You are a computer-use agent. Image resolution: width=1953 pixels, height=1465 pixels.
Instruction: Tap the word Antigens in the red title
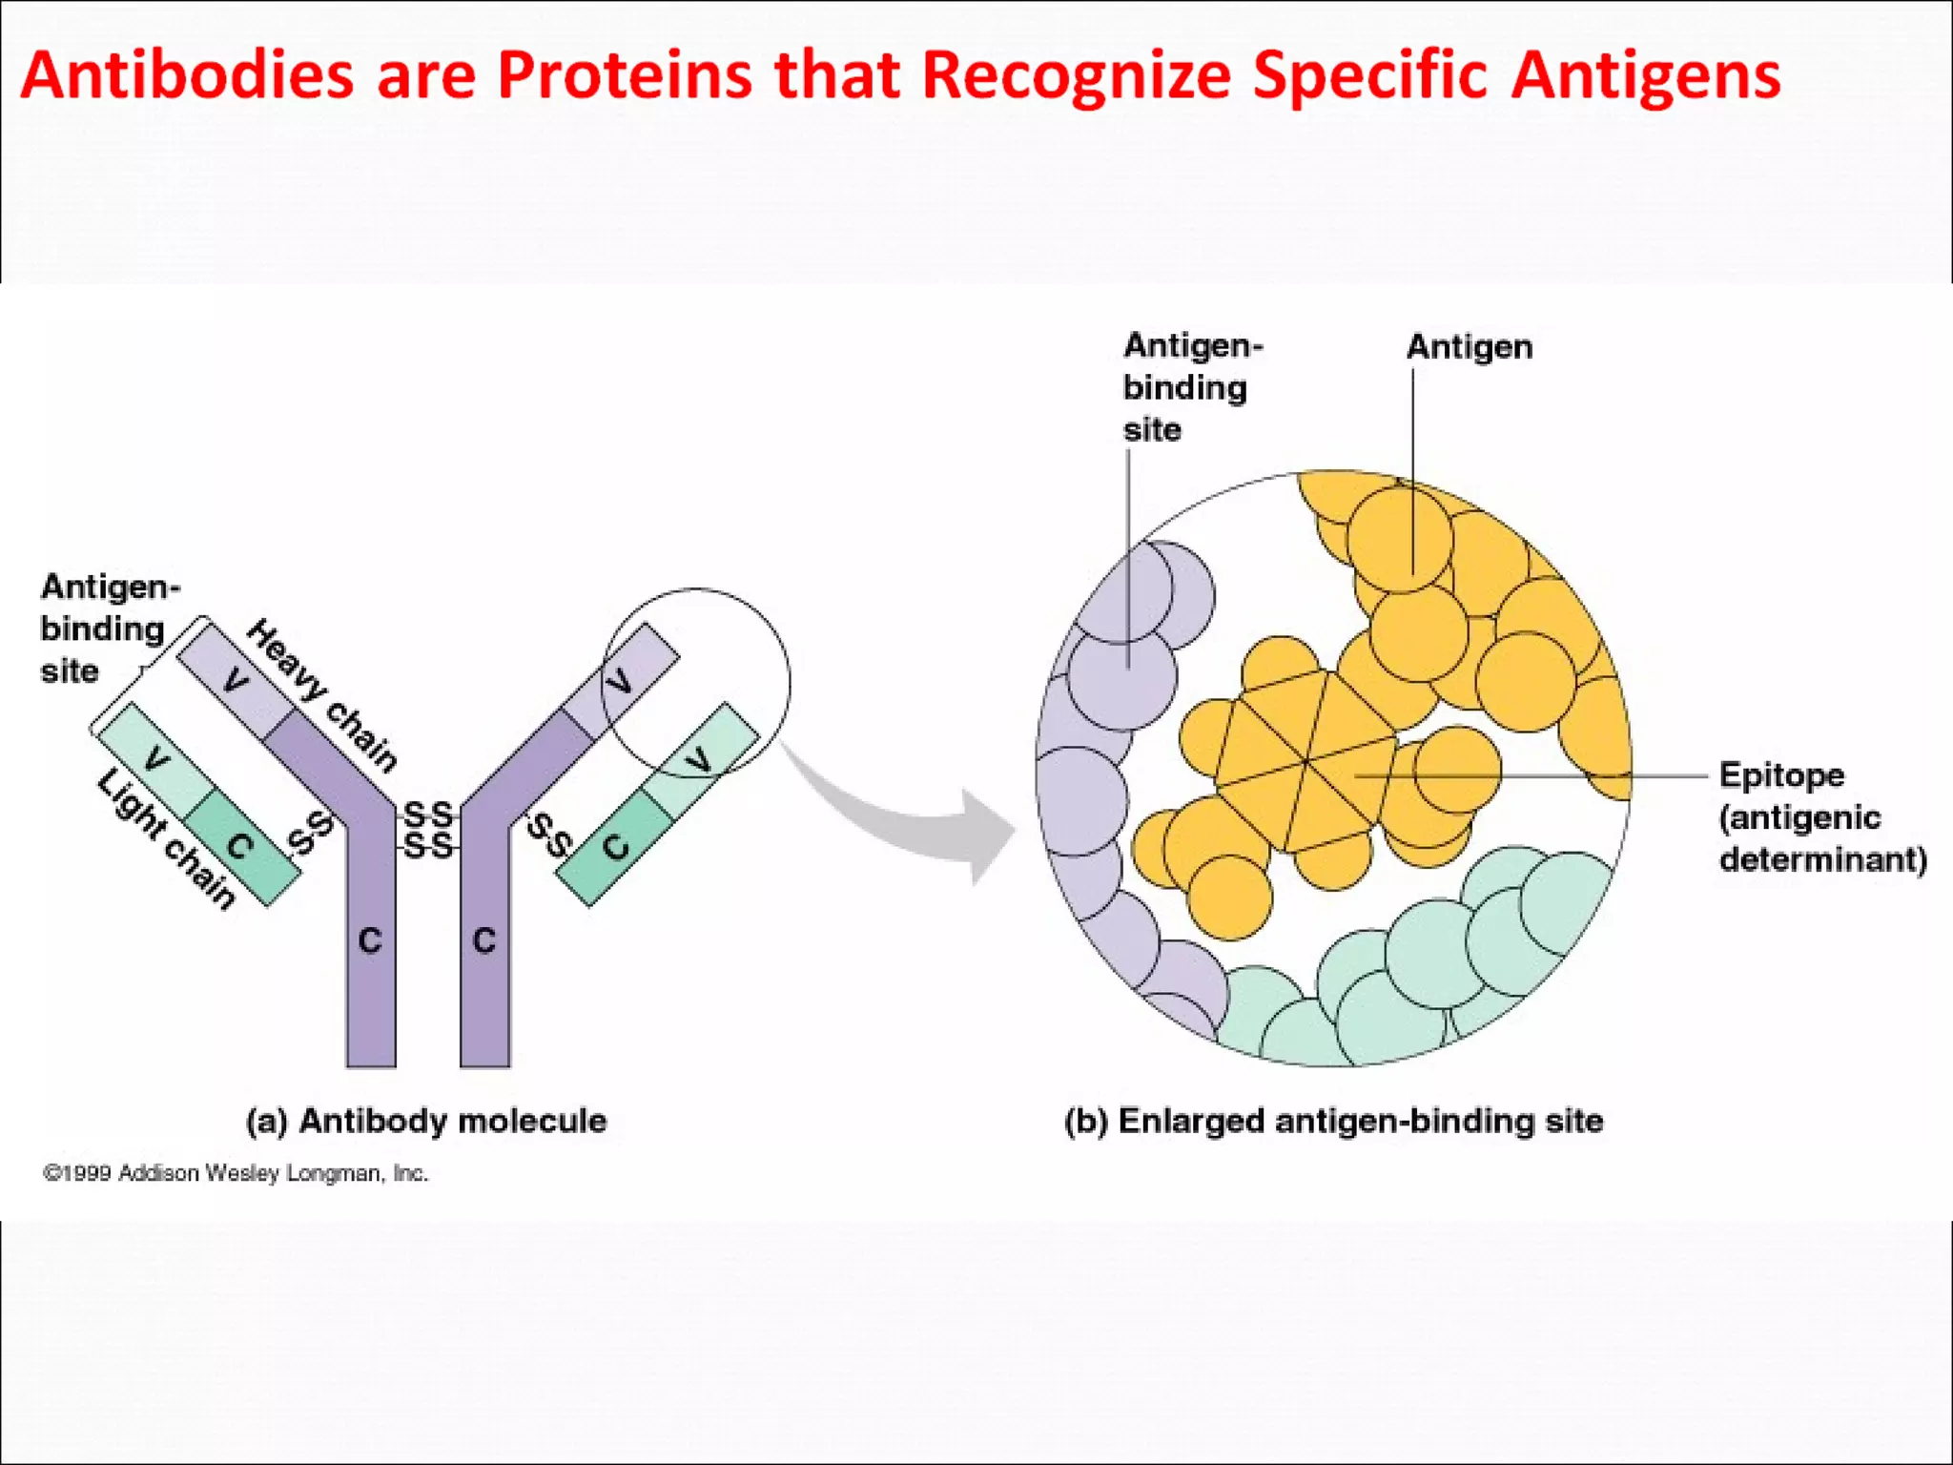point(1645,76)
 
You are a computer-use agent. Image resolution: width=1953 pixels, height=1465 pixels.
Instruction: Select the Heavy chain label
point(322,695)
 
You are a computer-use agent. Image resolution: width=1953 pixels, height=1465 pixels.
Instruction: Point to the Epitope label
point(1780,774)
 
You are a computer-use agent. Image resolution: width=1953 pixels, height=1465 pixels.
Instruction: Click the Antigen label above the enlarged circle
point(1470,347)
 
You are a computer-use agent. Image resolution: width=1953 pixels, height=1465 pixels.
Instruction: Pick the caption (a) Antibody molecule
point(426,1121)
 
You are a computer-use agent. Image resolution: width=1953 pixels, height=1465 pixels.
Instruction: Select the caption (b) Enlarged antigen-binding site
point(1333,1121)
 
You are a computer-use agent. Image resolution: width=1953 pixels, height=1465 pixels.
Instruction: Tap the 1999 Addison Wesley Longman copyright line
point(236,1173)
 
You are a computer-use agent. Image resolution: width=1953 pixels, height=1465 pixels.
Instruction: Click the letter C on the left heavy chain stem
point(370,941)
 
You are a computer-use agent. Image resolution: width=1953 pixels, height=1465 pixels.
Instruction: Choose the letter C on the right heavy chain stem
point(484,941)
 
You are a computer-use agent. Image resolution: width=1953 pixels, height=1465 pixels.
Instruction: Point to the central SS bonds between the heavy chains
point(428,830)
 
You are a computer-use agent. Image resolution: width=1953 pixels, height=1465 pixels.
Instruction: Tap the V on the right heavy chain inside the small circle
point(621,681)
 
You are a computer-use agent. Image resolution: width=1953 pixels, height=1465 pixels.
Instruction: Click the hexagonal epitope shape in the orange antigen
point(1305,761)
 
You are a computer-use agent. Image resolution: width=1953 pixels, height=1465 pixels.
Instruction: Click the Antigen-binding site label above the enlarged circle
point(1186,387)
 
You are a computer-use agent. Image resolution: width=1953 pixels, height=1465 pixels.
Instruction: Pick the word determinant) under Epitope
point(1822,859)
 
